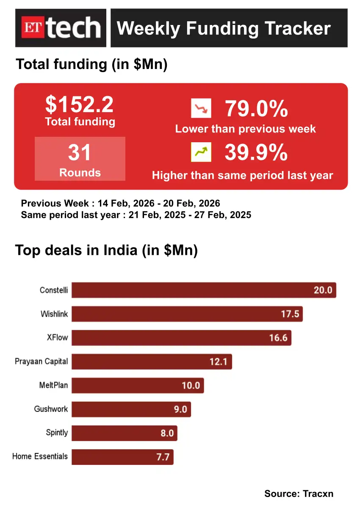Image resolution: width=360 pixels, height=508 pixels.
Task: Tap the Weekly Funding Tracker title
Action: point(224,28)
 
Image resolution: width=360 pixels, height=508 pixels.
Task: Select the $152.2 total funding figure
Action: point(80,104)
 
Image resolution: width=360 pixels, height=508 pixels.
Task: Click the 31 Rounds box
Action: point(80,159)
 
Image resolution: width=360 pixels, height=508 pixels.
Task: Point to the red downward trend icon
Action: point(201,108)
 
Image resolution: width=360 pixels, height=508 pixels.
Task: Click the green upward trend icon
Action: point(201,152)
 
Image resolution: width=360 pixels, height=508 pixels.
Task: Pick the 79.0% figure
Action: point(256,109)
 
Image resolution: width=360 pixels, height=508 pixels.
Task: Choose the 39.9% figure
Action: point(256,152)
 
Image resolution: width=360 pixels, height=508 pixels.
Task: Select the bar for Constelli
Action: point(203,290)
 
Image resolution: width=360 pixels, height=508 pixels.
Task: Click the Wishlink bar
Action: point(187,314)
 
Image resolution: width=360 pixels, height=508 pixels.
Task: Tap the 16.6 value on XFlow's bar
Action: point(278,338)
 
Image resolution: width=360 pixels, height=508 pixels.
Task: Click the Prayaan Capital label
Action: point(41,362)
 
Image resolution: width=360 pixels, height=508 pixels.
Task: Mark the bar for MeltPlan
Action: point(138,386)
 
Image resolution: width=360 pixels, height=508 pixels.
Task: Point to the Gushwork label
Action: point(51,409)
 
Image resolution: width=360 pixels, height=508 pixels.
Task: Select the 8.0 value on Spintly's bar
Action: point(167,433)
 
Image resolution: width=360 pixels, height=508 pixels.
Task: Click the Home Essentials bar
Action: point(122,457)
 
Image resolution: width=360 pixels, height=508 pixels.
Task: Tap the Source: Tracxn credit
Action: point(299,493)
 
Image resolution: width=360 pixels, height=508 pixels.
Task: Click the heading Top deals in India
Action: point(107,250)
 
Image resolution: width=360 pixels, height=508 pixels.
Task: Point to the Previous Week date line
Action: point(121,203)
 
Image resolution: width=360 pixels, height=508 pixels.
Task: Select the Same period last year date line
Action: point(136,215)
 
